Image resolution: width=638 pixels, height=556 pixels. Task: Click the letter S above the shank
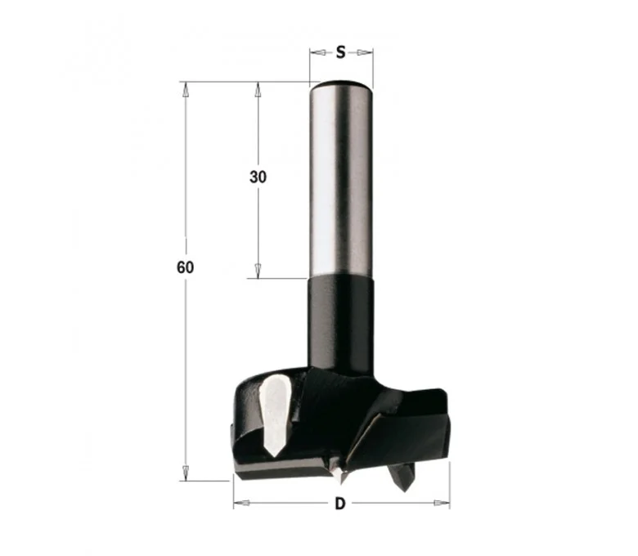click(x=340, y=52)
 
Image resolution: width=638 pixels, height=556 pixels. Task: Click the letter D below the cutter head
click(x=339, y=504)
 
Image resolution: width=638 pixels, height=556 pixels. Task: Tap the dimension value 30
click(x=258, y=177)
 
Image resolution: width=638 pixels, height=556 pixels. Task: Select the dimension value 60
click(x=185, y=267)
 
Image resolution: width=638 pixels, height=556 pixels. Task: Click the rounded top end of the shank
click(x=340, y=83)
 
